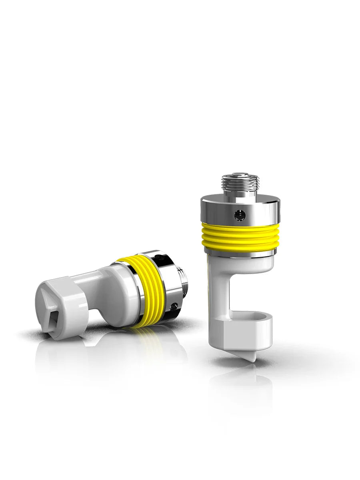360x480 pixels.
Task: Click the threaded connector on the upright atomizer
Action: pos(240,186)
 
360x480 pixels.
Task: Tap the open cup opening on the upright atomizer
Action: pos(256,318)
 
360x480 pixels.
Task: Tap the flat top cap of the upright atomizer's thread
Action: pos(240,175)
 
